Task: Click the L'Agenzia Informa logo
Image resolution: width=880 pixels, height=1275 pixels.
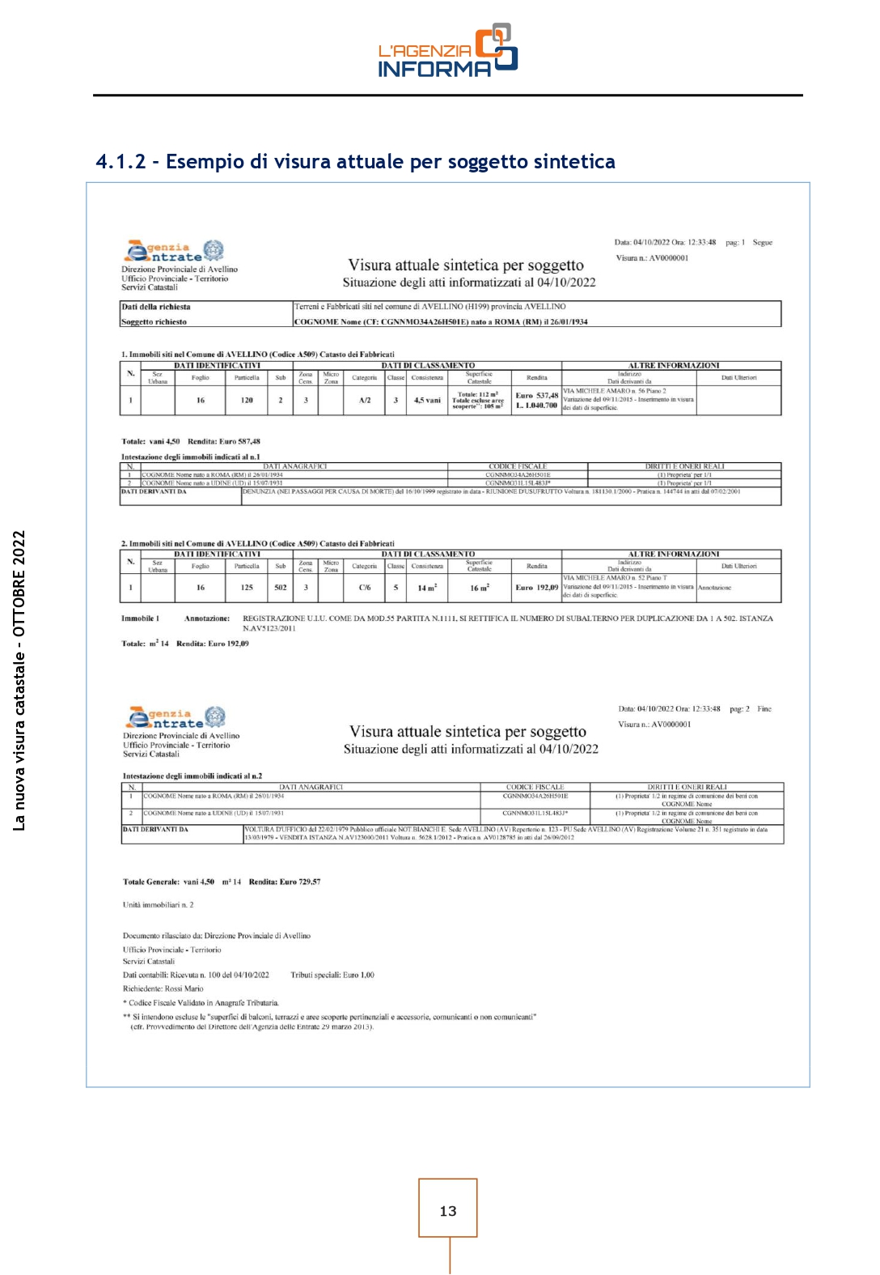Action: tap(447, 51)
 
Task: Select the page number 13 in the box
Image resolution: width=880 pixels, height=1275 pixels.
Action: tap(447, 1211)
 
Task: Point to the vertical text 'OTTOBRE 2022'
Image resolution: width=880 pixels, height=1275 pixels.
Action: tap(19, 584)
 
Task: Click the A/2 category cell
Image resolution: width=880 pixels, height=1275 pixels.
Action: tap(365, 401)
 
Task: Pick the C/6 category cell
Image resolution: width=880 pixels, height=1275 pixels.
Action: tap(365, 588)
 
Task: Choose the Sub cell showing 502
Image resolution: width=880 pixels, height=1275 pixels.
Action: tap(280, 588)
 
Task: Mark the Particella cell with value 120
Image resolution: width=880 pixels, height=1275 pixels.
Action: tap(247, 401)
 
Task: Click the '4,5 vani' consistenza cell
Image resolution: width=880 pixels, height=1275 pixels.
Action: tap(427, 401)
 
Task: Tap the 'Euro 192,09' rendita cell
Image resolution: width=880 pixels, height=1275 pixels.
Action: tap(536, 588)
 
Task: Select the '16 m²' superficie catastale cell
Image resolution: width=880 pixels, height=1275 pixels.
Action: tap(479, 588)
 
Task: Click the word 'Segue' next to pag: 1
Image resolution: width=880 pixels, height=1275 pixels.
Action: tap(762, 243)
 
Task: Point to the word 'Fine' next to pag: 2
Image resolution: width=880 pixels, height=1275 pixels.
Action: tap(764, 709)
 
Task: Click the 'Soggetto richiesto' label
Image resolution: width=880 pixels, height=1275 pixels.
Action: tap(154, 322)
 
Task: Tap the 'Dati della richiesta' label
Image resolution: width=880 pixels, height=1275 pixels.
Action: tap(156, 308)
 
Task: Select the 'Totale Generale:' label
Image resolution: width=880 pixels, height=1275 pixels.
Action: tap(150, 882)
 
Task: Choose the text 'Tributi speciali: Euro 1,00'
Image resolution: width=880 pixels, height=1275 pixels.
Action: tap(332, 975)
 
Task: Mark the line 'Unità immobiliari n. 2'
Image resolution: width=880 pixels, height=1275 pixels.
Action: tap(158, 905)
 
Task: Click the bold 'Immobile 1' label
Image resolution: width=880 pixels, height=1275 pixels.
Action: tap(140, 618)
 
